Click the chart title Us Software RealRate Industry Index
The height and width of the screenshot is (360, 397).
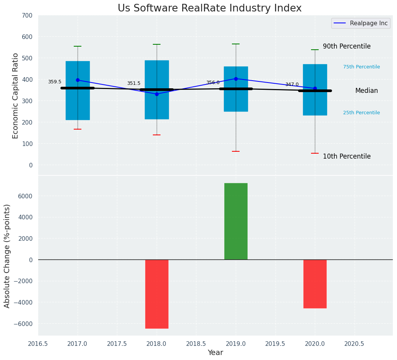(x=209, y=8)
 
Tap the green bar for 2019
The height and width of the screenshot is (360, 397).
(x=236, y=221)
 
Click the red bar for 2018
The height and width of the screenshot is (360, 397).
(x=157, y=294)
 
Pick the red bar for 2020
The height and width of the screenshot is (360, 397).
(x=315, y=284)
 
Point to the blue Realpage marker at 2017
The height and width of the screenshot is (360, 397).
(x=78, y=80)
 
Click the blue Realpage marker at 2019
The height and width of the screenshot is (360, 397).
(x=236, y=79)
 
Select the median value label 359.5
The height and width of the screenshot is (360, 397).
(x=55, y=82)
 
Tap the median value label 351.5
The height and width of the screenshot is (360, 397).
(x=134, y=83)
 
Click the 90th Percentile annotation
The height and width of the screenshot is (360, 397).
(x=347, y=46)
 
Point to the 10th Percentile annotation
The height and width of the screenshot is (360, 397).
(x=347, y=156)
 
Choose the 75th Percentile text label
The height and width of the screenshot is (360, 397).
(x=361, y=67)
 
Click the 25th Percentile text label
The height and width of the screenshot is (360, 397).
(x=361, y=113)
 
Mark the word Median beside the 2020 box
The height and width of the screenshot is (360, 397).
(x=366, y=91)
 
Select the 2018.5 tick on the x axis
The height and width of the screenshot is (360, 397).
(x=196, y=344)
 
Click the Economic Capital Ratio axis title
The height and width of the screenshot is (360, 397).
(x=16, y=96)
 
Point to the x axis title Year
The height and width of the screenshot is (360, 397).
(x=216, y=353)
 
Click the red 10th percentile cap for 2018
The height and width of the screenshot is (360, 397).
(x=157, y=135)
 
